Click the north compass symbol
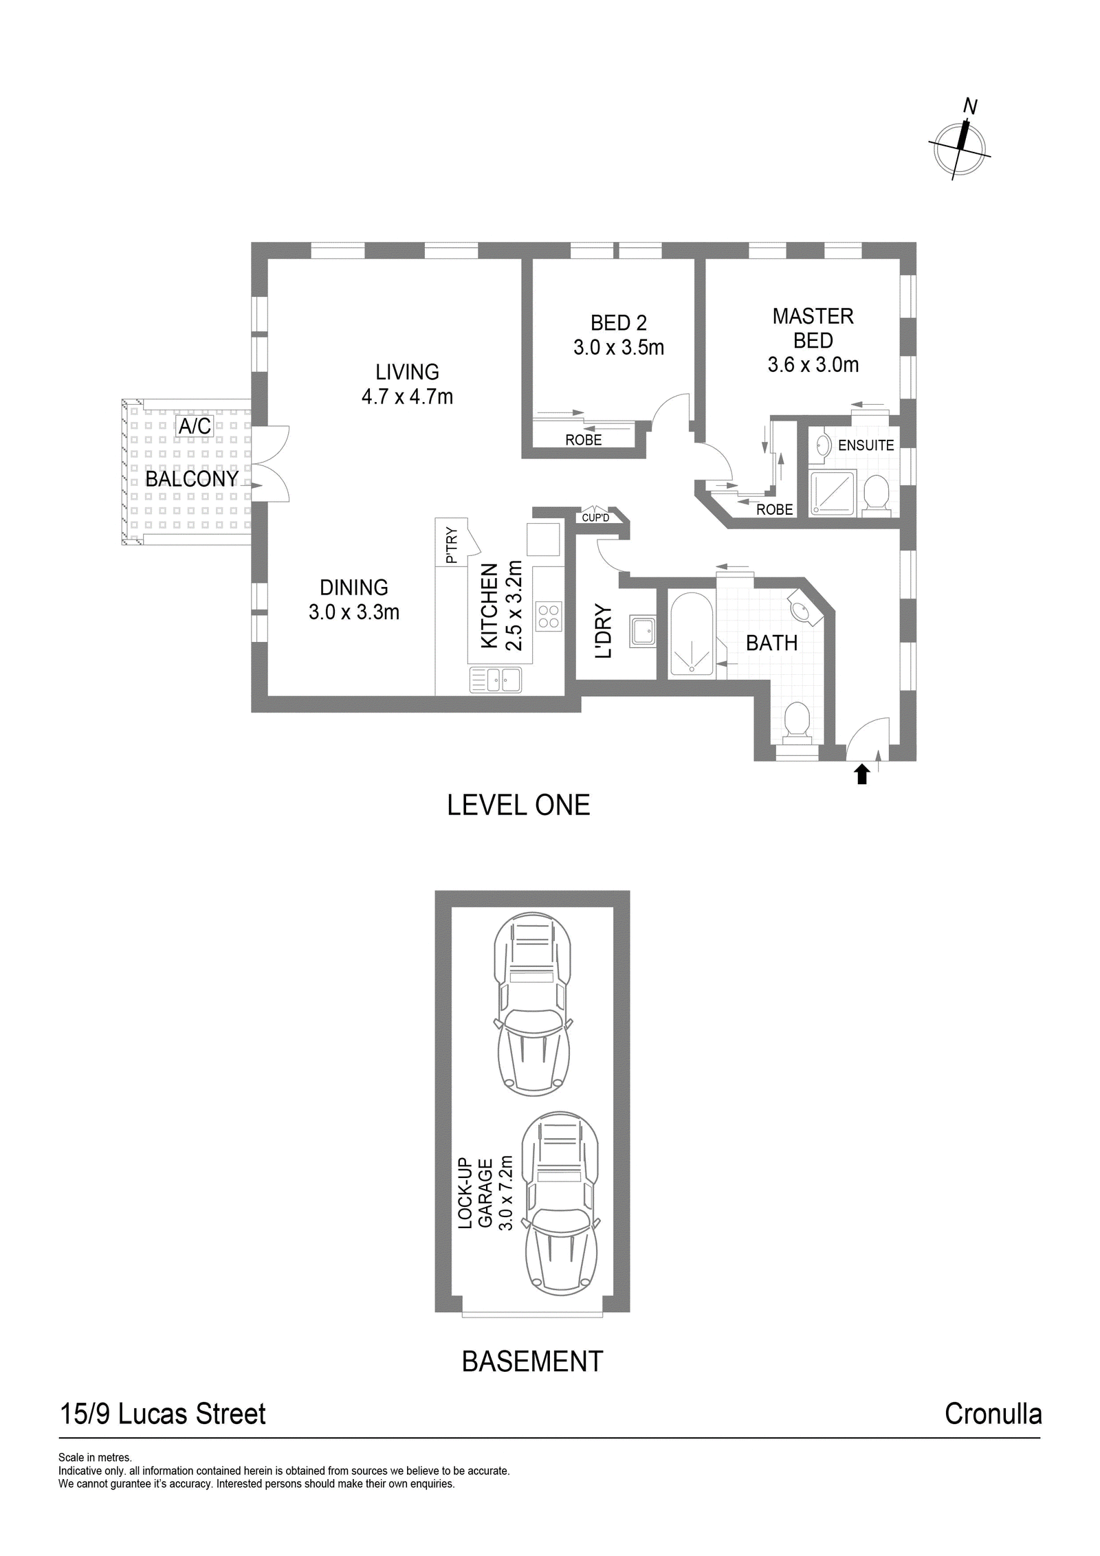pyautogui.click(x=960, y=145)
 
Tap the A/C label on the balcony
pyautogui.click(x=195, y=426)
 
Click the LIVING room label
pyautogui.click(x=407, y=372)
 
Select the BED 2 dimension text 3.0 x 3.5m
pyautogui.click(x=619, y=347)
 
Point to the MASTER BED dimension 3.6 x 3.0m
pyautogui.click(x=813, y=364)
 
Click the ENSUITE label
pyautogui.click(x=866, y=445)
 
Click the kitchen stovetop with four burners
pyautogui.click(x=549, y=616)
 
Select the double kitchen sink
pyautogui.click(x=496, y=679)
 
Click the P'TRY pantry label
pyautogui.click(x=452, y=545)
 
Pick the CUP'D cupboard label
pyautogui.click(x=595, y=518)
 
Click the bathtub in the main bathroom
pyautogui.click(x=691, y=634)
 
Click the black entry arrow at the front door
pyautogui.click(x=862, y=775)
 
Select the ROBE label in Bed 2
pyautogui.click(x=584, y=440)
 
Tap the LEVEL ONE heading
pyautogui.click(x=518, y=805)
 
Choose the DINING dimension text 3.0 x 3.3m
pyautogui.click(x=354, y=612)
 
